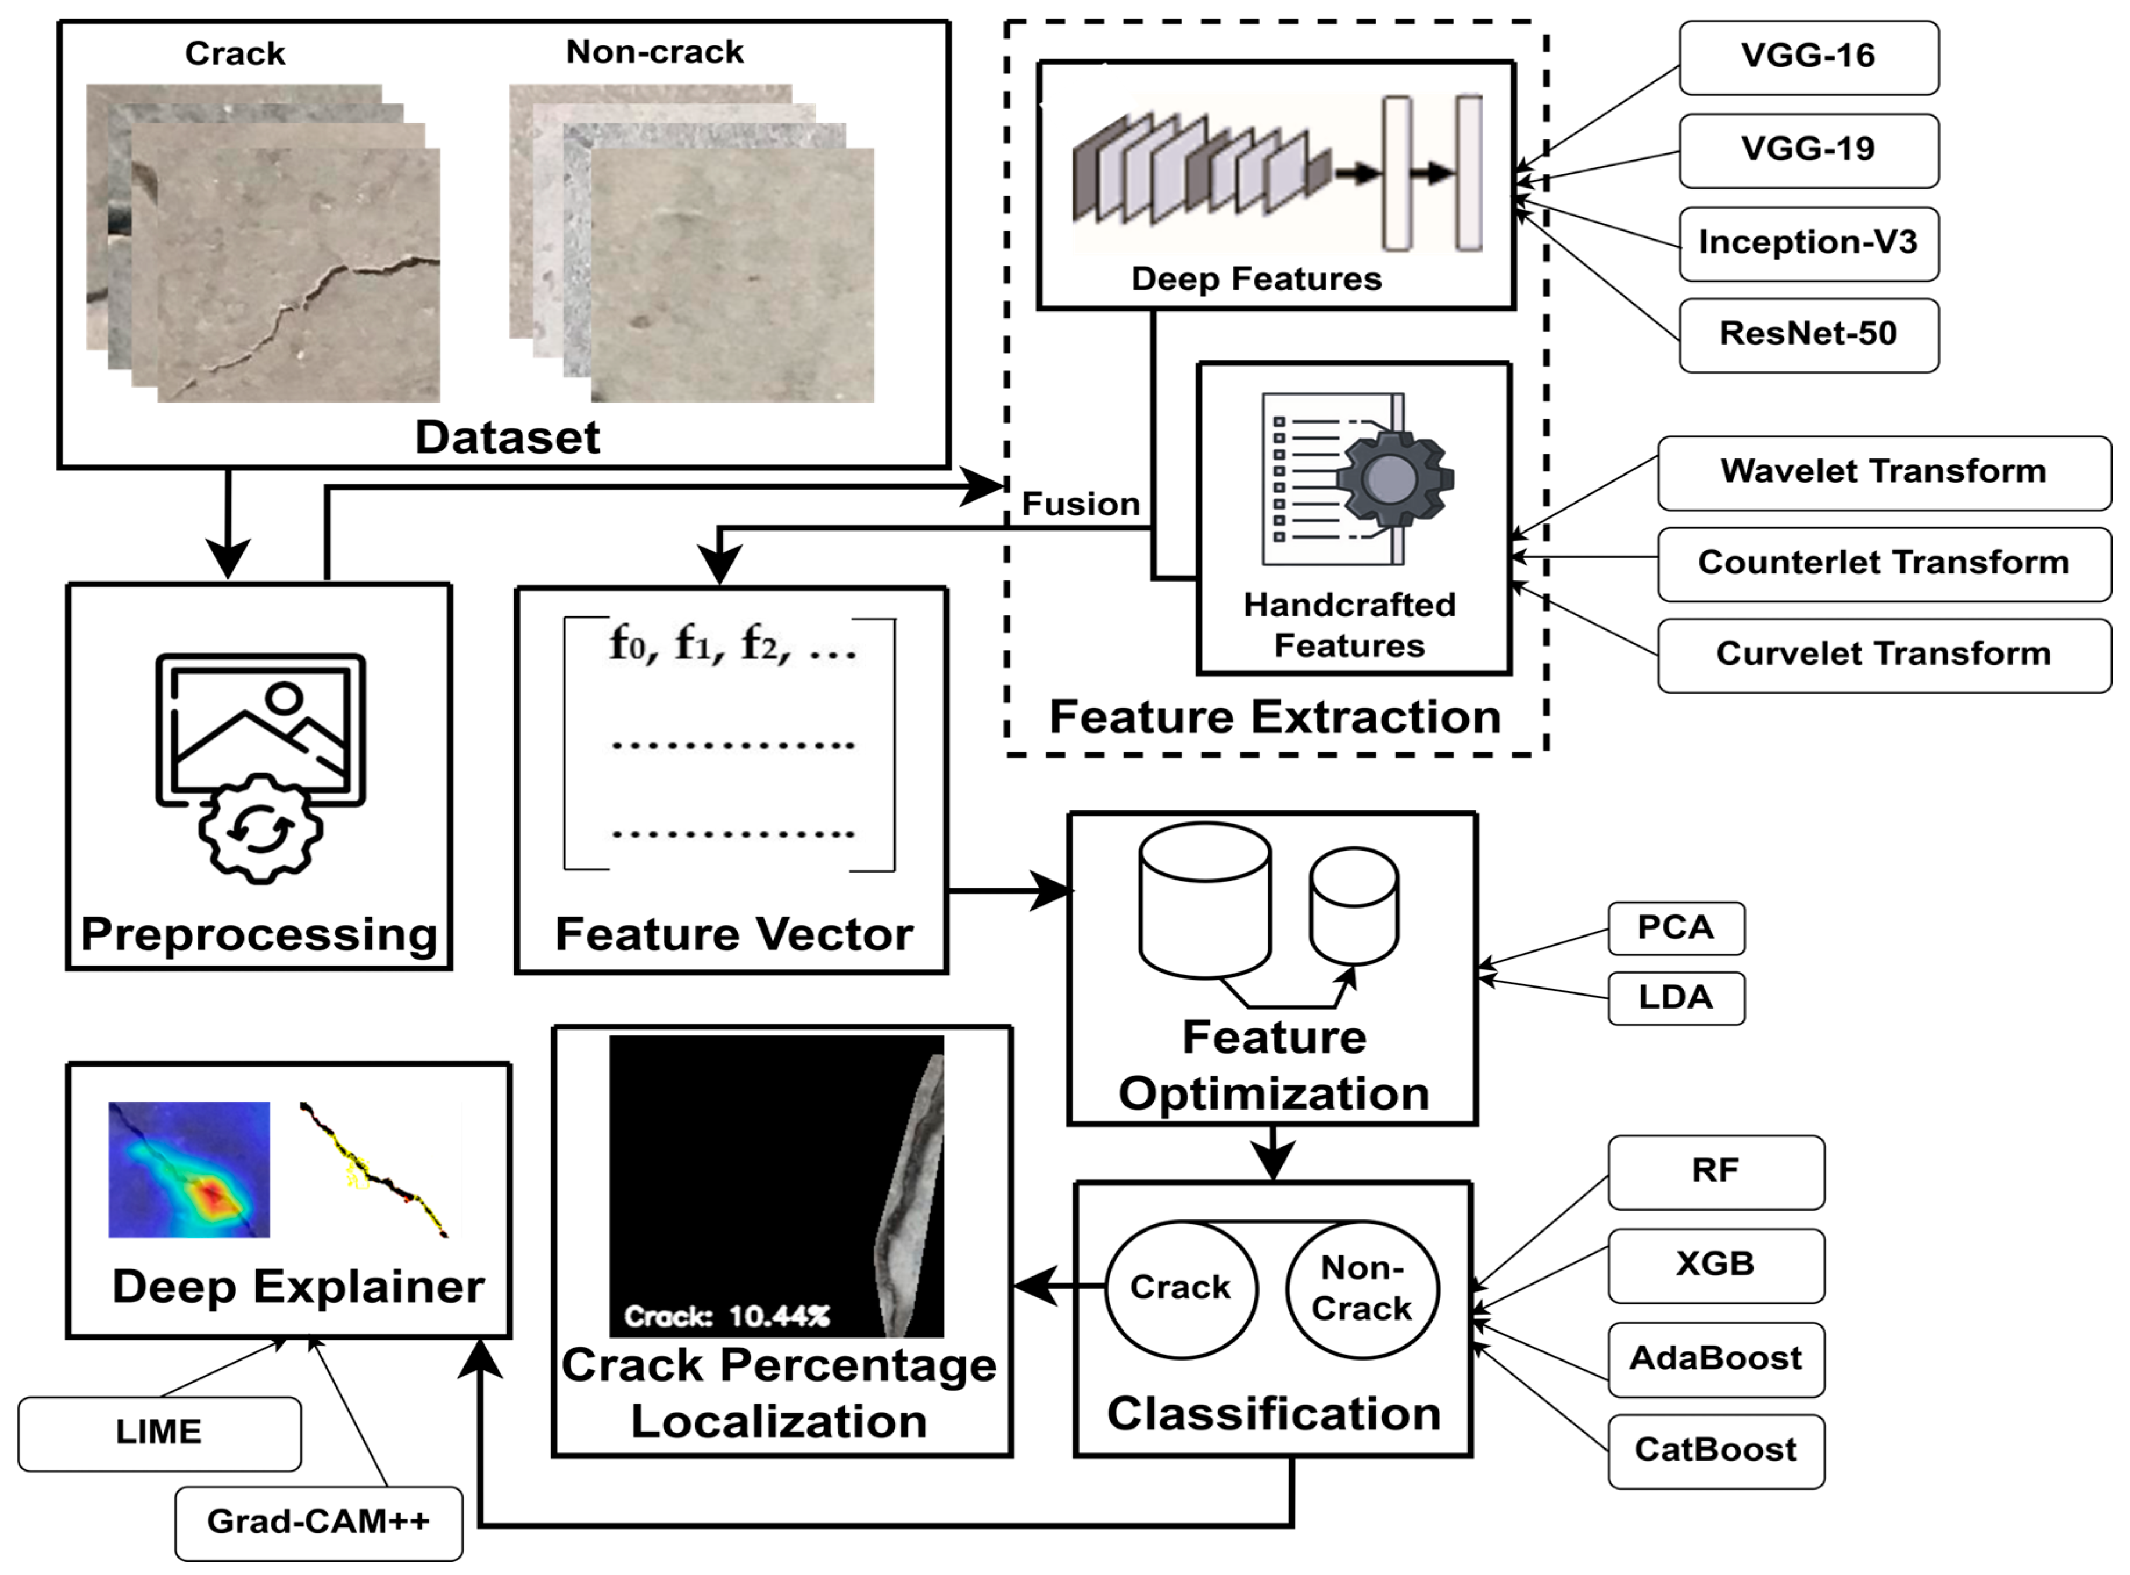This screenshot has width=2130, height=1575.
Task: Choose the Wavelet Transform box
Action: point(1884,473)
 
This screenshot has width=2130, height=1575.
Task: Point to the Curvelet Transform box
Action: point(1884,655)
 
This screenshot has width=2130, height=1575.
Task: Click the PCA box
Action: point(1676,928)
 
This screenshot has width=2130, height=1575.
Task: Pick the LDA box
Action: point(1676,998)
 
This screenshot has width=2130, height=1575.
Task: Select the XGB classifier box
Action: point(1716,1265)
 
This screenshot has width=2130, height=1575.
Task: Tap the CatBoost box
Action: point(1716,1451)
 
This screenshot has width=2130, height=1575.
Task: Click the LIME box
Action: point(159,1433)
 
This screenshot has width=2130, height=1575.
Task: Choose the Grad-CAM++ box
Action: point(318,1523)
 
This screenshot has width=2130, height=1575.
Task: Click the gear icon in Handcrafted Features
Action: point(1394,477)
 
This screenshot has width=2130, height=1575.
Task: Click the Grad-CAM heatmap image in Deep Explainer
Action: point(189,1170)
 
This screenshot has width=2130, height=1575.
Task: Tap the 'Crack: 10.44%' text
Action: point(726,1316)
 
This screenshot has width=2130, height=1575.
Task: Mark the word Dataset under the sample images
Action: point(507,437)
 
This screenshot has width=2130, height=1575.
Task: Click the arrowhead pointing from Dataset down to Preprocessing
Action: point(228,558)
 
